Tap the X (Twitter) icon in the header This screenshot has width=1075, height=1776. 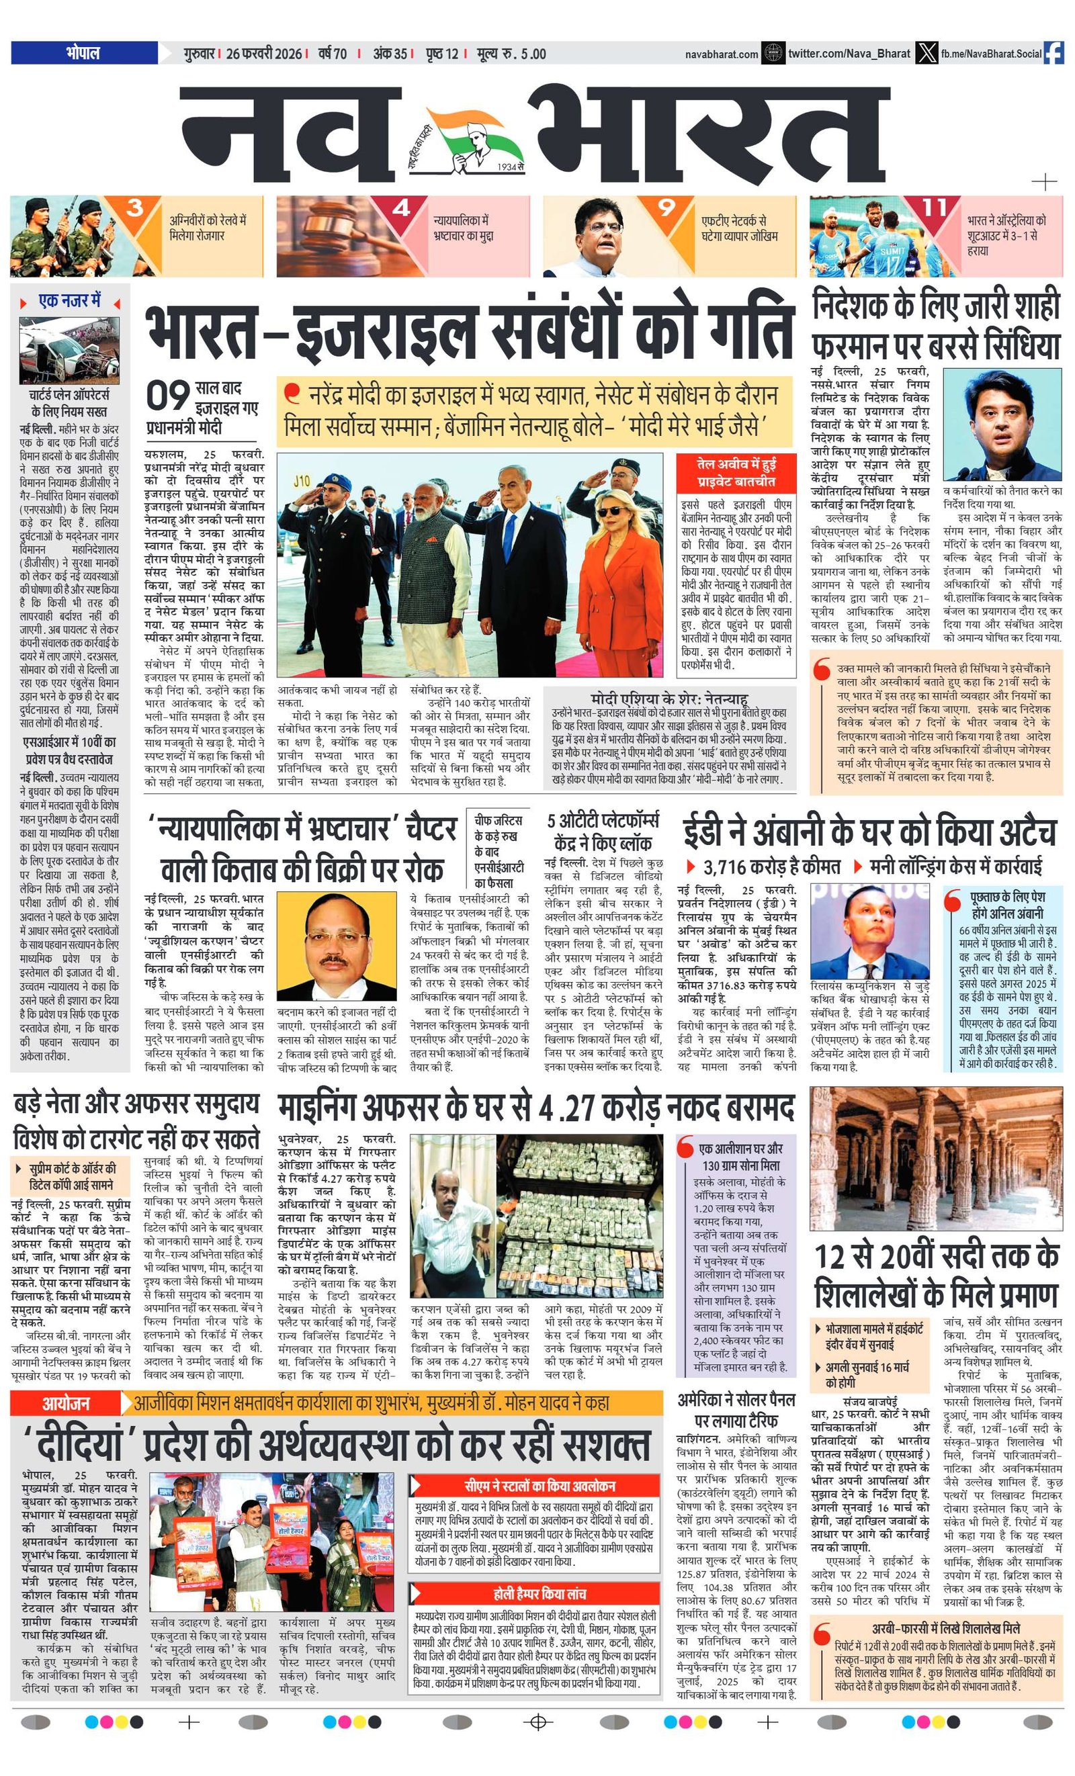click(924, 53)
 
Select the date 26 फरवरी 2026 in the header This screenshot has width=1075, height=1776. click(263, 53)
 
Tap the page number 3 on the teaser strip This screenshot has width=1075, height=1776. click(135, 209)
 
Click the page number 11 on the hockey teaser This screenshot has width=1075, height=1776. click(935, 208)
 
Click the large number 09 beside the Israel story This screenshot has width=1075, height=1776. click(168, 396)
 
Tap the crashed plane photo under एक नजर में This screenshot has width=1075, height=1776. click(69, 351)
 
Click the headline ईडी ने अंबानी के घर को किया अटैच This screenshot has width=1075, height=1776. click(869, 832)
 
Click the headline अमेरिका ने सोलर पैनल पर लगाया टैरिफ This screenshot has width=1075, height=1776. click(736, 1410)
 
